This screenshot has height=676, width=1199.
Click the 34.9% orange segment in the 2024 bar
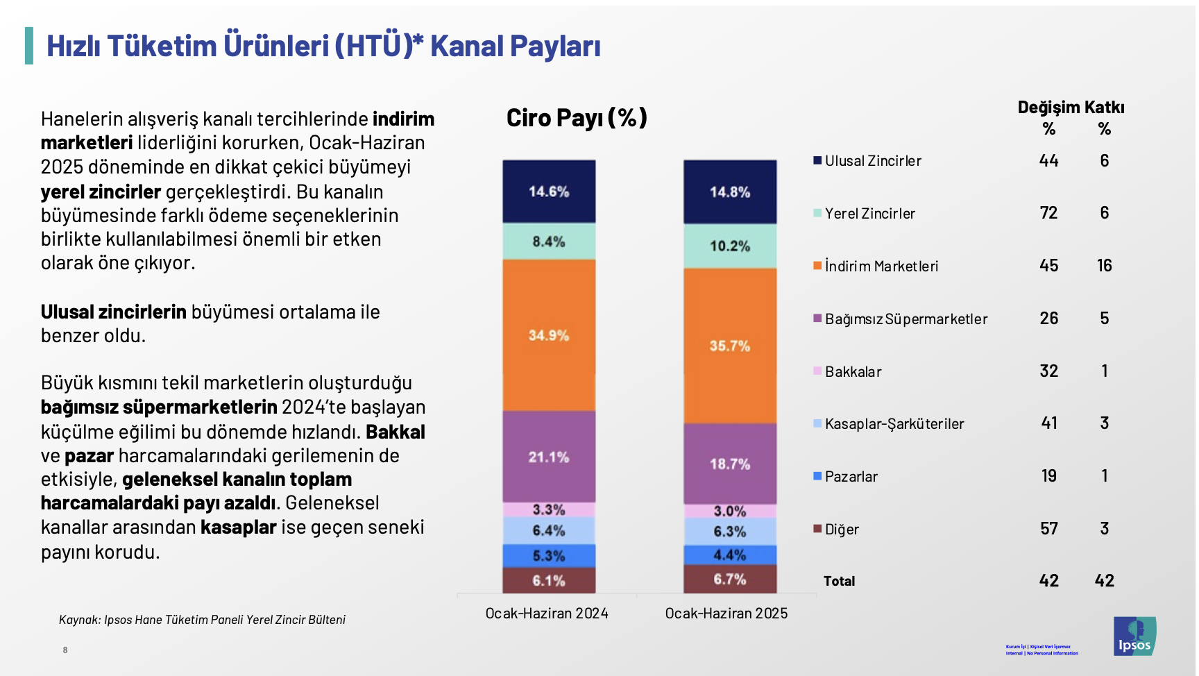pyautogui.click(x=549, y=335)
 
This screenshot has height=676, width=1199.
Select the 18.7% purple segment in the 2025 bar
pyautogui.click(x=730, y=464)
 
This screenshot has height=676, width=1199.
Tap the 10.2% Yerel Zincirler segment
pyautogui.click(x=730, y=246)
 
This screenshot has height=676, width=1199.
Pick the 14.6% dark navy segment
pyautogui.click(x=549, y=192)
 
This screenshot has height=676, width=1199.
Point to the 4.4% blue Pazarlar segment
pyautogui.click(x=730, y=555)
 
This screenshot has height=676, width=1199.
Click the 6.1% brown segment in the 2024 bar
pyautogui.click(x=549, y=580)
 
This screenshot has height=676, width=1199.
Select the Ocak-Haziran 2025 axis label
pyautogui.click(x=726, y=614)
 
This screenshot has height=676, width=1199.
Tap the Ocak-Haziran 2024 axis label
pyautogui.click(x=547, y=614)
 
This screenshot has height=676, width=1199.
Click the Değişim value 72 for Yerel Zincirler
pyautogui.click(x=1048, y=213)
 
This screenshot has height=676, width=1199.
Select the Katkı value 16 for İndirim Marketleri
pyautogui.click(x=1105, y=266)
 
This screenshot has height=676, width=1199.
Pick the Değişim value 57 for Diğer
pyautogui.click(x=1048, y=529)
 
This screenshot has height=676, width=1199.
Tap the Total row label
pyautogui.click(x=839, y=582)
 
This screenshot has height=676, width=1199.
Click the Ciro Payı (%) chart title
pyautogui.click(x=577, y=118)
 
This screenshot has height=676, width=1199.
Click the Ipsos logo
pyautogui.click(x=1134, y=636)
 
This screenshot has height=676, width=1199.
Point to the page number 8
pyautogui.click(x=65, y=650)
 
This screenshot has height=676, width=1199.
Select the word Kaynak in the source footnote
pyautogui.click(x=79, y=620)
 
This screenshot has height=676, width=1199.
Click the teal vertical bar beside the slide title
pyautogui.click(x=29, y=46)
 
